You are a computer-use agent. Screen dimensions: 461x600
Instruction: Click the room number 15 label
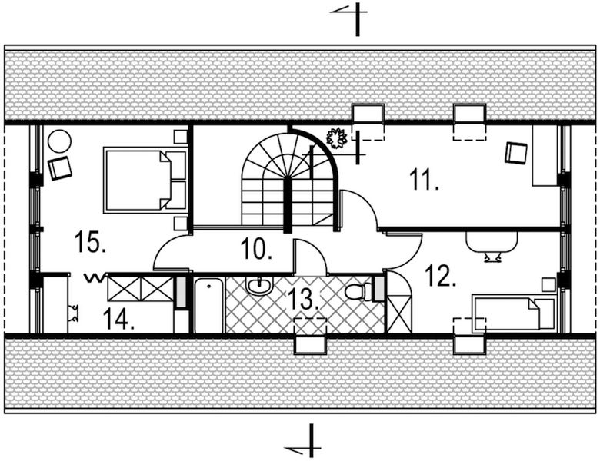[90, 244]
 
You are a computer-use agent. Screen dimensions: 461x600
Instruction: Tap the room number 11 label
[424, 181]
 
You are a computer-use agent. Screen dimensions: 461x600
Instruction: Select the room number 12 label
[441, 277]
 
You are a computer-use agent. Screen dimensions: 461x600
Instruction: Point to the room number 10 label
[257, 250]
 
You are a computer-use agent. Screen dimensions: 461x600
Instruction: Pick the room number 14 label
[118, 317]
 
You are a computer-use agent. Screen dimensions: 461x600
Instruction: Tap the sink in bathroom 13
[258, 287]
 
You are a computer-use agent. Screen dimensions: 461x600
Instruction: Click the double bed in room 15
[145, 180]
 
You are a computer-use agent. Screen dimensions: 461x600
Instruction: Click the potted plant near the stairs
[336, 139]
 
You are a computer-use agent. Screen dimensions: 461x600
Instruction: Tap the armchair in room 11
[516, 153]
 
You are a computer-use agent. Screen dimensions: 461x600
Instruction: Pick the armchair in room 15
[59, 167]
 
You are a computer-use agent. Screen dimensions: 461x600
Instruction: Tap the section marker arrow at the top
[348, 17]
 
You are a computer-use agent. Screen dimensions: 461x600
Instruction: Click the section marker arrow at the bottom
[303, 443]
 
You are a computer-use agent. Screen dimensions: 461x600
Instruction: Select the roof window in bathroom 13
[311, 336]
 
